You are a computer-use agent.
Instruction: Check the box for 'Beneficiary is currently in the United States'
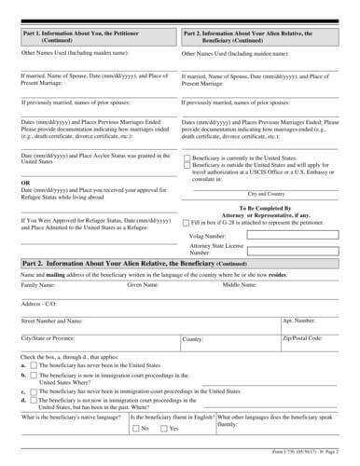coord(187,159)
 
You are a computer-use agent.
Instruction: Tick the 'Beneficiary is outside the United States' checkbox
coord(187,168)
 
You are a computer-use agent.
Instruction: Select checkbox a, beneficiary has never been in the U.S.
coord(35,366)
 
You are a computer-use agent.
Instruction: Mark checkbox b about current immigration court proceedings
coord(35,376)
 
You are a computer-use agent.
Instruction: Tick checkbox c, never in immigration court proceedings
coord(35,394)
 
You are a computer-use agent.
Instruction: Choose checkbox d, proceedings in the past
coord(35,404)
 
